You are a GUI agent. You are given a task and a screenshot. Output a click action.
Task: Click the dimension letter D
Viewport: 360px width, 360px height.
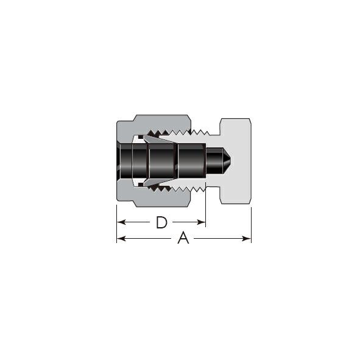(x=161, y=222)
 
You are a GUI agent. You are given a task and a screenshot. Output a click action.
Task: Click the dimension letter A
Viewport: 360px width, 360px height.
(x=183, y=238)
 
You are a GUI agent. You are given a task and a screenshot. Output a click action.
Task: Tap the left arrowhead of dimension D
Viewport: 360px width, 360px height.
(x=121, y=222)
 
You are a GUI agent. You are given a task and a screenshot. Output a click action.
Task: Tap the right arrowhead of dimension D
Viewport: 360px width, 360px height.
(x=201, y=222)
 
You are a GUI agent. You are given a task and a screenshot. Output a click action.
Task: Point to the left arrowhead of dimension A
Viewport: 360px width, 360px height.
(x=121, y=239)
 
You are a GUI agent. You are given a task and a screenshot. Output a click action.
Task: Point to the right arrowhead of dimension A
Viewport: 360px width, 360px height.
(x=246, y=239)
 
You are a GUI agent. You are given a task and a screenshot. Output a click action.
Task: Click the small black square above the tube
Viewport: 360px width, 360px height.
(x=141, y=137)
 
